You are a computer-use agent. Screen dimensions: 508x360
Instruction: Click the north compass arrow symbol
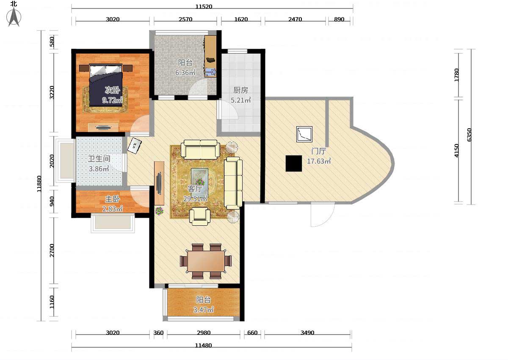[x=14, y=17]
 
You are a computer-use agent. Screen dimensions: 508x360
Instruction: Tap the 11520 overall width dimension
[x=204, y=7]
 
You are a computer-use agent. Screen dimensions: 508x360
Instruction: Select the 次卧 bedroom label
[x=113, y=90]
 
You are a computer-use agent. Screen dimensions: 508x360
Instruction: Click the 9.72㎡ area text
[x=113, y=100]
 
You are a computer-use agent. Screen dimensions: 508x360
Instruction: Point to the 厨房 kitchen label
[x=240, y=90]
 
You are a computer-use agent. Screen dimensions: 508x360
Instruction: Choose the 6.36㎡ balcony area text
[x=185, y=72]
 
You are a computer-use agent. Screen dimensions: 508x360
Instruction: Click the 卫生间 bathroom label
[x=99, y=158]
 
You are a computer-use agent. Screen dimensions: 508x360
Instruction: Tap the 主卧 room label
[x=113, y=199]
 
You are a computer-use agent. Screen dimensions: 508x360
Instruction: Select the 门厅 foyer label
[x=319, y=151]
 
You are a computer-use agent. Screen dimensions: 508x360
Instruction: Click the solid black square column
[x=294, y=163]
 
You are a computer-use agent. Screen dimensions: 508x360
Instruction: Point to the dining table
[x=206, y=261]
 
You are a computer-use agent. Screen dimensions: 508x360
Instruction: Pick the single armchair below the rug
[x=199, y=217]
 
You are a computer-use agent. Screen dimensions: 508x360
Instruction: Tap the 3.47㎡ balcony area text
[x=204, y=310]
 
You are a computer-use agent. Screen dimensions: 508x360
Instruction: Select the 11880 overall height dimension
[x=39, y=184]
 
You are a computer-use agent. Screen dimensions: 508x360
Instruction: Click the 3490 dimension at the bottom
[x=307, y=333]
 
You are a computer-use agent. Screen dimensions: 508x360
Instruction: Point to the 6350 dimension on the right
[x=469, y=135]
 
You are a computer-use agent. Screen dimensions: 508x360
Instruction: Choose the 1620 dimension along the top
[x=241, y=19]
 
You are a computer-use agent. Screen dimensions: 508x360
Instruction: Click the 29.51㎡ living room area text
[x=195, y=199]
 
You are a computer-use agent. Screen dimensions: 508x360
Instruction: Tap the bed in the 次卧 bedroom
[x=106, y=85]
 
